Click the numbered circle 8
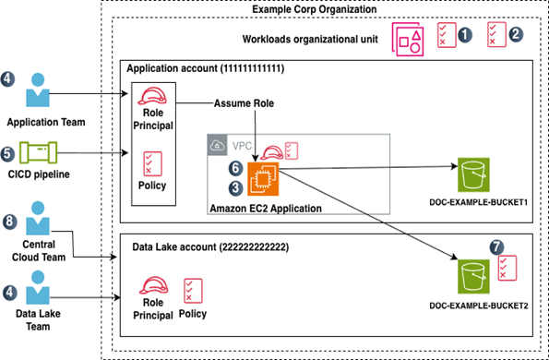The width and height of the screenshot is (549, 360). pyautogui.click(x=8, y=222)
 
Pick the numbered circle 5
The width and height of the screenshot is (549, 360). pyautogui.click(x=8, y=152)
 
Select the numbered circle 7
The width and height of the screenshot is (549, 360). pyautogui.click(x=498, y=249)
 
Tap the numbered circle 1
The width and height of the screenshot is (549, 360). pyautogui.click(x=465, y=34)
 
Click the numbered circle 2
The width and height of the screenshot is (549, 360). pyautogui.click(x=516, y=34)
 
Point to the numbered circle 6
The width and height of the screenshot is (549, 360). pyautogui.click(x=235, y=169)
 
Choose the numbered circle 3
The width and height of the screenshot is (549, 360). pyautogui.click(x=235, y=188)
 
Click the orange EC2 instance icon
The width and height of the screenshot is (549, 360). pyautogui.click(x=263, y=177)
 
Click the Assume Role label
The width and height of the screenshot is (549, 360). pyautogui.click(x=244, y=103)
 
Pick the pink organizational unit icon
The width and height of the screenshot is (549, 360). pyautogui.click(x=409, y=39)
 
